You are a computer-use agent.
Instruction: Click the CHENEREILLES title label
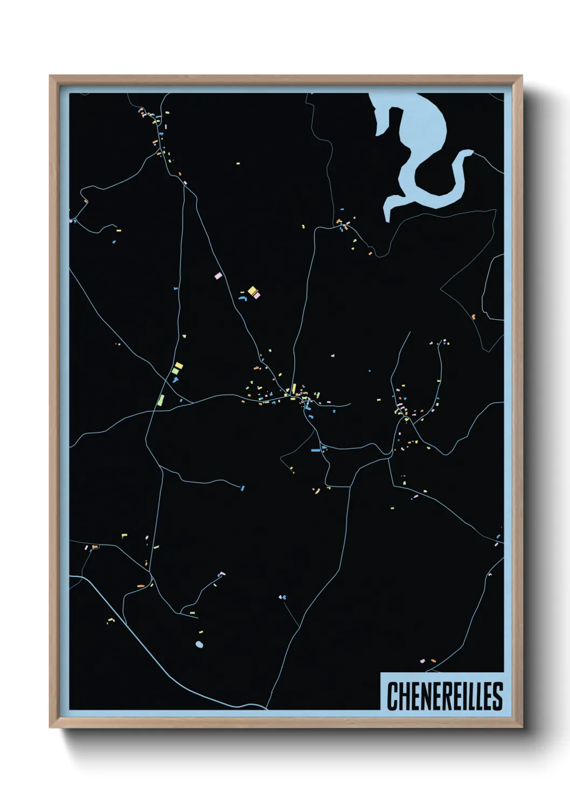[444, 696]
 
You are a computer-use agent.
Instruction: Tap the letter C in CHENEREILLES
[392, 696]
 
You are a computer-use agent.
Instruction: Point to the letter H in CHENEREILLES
[403, 696]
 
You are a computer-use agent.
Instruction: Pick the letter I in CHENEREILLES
[467, 696]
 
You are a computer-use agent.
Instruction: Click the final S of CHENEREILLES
[498, 696]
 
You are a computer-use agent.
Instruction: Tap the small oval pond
[199, 644]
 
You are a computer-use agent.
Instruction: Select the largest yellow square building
[252, 291]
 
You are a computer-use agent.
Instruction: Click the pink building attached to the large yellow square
[257, 295]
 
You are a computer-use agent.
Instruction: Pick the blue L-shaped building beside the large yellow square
[243, 298]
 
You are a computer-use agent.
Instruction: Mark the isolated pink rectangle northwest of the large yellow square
[218, 276]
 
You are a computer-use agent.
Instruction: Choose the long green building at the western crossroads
[161, 400]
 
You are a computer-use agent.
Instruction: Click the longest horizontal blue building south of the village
[316, 450]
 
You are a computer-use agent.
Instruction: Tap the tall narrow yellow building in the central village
[294, 389]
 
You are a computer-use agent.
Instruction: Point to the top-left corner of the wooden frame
[50, 76]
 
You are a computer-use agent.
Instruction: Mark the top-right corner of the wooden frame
[522, 76]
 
